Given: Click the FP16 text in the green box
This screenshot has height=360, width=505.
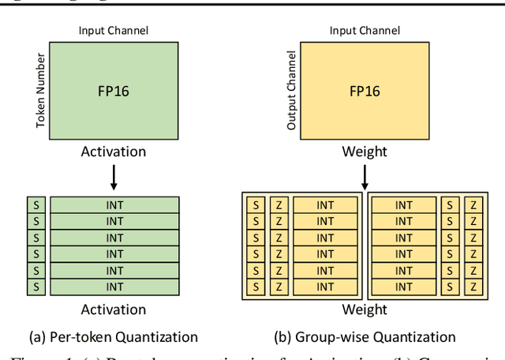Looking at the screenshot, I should pyautogui.click(x=114, y=90).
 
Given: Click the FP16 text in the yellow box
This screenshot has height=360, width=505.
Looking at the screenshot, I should pyautogui.click(x=365, y=90).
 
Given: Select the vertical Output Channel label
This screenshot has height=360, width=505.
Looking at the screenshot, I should pyautogui.click(x=291, y=91).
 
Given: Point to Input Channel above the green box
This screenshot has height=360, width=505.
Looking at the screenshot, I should pyautogui.click(x=114, y=31).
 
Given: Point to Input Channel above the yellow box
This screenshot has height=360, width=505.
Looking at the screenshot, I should pyautogui.click(x=364, y=31).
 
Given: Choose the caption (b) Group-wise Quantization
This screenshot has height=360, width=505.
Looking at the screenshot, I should pyautogui.click(x=365, y=336).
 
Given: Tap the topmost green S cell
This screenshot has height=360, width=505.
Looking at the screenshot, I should pyautogui.click(x=34, y=205).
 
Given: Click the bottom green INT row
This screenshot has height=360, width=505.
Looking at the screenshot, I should pyautogui.click(x=114, y=287).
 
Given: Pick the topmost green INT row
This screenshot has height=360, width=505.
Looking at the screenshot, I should pyautogui.click(x=114, y=205).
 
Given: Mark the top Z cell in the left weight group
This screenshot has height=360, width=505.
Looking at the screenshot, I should pyautogui.click(x=278, y=205).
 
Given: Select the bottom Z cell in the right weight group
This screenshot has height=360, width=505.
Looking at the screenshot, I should pyautogui.click(x=472, y=287).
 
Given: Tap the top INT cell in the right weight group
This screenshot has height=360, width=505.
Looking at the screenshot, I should pyautogui.click(x=403, y=205).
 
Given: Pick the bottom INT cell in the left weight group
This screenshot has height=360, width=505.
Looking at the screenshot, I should pyautogui.click(x=324, y=287).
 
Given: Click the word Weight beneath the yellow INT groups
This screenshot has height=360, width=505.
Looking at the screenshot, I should pyautogui.click(x=365, y=309).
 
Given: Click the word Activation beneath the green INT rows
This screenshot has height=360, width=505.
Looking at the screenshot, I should pyautogui.click(x=114, y=309).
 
